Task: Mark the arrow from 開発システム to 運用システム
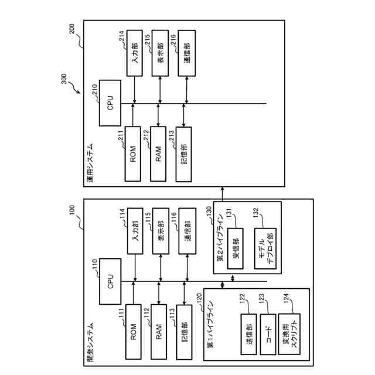[x=222, y=193]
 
